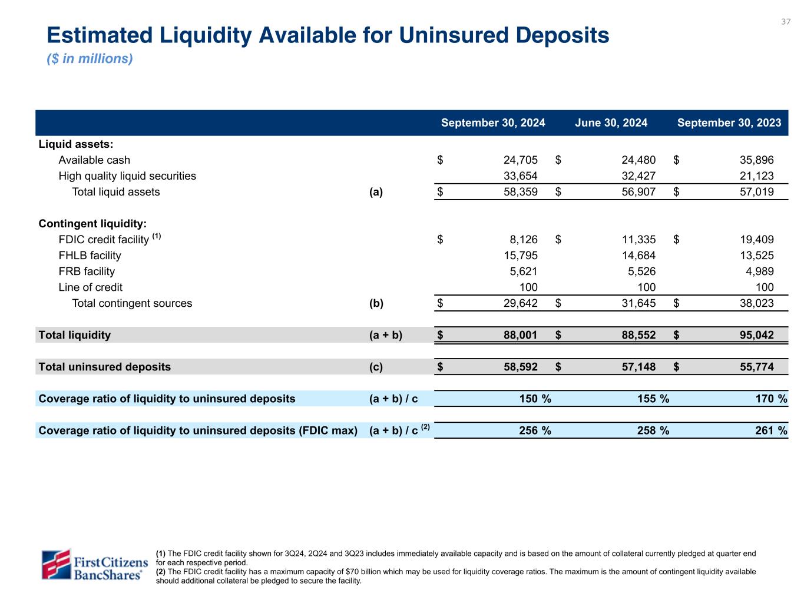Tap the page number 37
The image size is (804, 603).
[x=786, y=22]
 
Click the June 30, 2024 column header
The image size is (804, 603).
[x=611, y=123]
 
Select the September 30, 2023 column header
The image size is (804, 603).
[x=729, y=123]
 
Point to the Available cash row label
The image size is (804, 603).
[x=94, y=160]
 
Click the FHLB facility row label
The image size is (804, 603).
[x=90, y=256]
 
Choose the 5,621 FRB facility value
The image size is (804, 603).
[x=523, y=271]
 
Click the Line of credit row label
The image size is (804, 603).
[x=91, y=287]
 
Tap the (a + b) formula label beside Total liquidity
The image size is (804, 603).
[x=385, y=335]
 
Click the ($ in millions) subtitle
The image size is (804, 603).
[x=90, y=59]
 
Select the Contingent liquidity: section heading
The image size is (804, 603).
[x=92, y=224]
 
